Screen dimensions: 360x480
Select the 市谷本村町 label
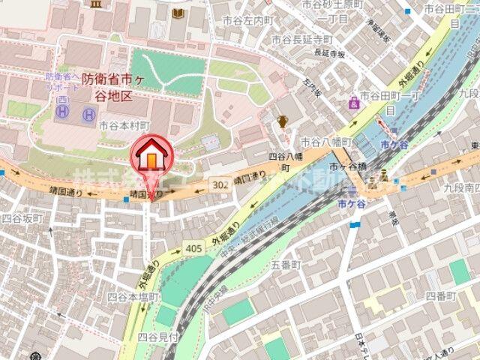[x=124, y=126]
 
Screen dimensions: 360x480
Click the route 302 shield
[x=220, y=183]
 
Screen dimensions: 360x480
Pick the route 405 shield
[x=193, y=248]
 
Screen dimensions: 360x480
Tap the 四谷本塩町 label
[x=132, y=297]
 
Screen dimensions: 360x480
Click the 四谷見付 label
[x=156, y=336]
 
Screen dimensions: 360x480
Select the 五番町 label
[x=285, y=265]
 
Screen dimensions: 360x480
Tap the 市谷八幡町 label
[x=325, y=141]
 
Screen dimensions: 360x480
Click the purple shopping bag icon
[x=353, y=103]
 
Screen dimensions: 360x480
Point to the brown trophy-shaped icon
[x=283, y=121]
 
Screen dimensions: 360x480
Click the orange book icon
[x=178, y=13]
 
